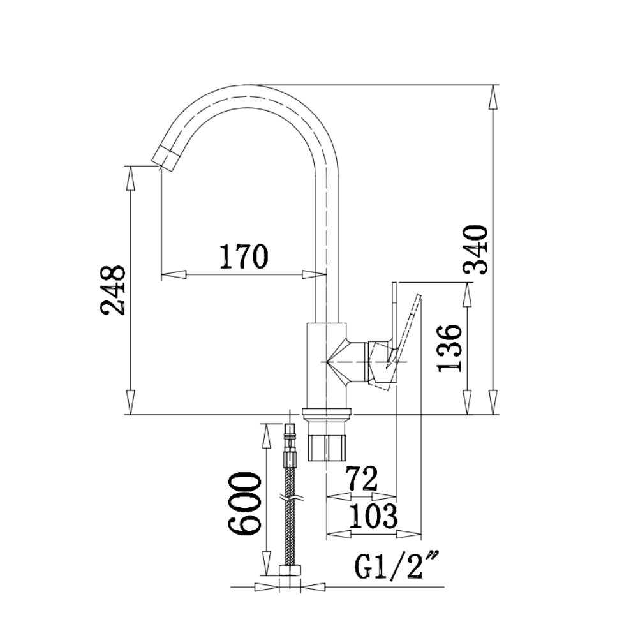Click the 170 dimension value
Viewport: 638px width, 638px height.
[x=244, y=256]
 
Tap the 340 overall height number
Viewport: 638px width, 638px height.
[x=475, y=249]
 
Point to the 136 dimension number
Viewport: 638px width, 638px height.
[x=450, y=348]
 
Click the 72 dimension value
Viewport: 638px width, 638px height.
[x=361, y=479]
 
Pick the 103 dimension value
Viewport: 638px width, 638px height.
[x=373, y=516]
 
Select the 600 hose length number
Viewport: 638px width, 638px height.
[x=244, y=503]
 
